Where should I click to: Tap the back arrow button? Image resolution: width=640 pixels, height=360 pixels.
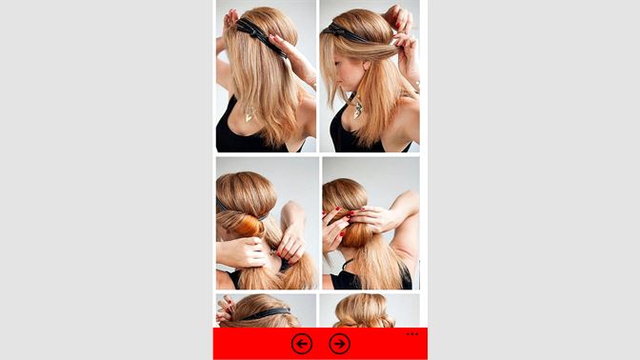(x=302, y=344)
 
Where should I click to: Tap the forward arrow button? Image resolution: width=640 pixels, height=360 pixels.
(x=339, y=344)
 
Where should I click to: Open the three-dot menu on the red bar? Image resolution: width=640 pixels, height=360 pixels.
(x=411, y=334)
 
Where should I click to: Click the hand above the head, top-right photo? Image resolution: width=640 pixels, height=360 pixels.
(x=400, y=19)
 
